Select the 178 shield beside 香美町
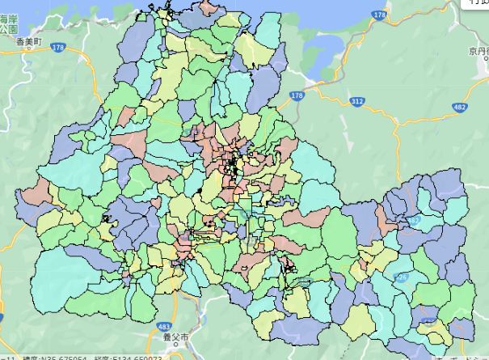(x=57, y=49)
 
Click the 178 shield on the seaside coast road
(x=380, y=15)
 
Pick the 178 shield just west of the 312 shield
(x=297, y=95)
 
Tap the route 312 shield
(x=357, y=102)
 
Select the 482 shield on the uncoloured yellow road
(x=459, y=107)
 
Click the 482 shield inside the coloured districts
(x=414, y=219)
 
